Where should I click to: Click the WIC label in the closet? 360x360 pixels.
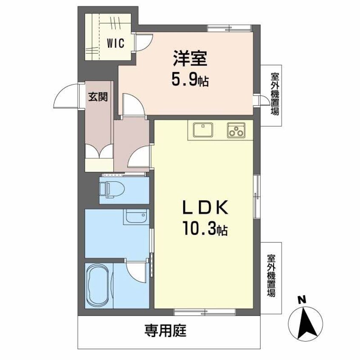[x=116, y=43]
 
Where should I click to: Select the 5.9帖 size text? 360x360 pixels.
[x=190, y=80]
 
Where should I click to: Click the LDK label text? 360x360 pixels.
[x=206, y=209]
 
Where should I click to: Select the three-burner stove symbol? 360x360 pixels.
[x=236, y=130]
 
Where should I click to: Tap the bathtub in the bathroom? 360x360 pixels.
[x=99, y=285]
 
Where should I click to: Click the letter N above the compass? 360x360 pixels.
[x=302, y=300]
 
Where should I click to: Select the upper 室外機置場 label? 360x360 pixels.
[x=275, y=94]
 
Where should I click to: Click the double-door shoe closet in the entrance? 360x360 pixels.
[x=99, y=154]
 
